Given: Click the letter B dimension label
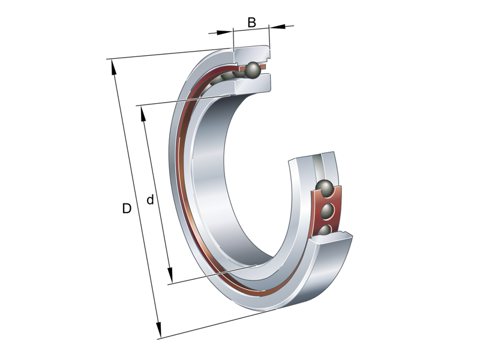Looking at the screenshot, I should tap(252, 23).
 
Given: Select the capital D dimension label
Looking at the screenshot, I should tap(127, 209).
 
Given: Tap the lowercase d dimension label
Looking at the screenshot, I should tap(150, 200).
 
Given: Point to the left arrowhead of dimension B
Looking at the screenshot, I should tap(227, 31).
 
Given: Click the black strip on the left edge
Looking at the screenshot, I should tap(30, 180).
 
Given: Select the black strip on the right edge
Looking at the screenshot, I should tap(450, 180).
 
